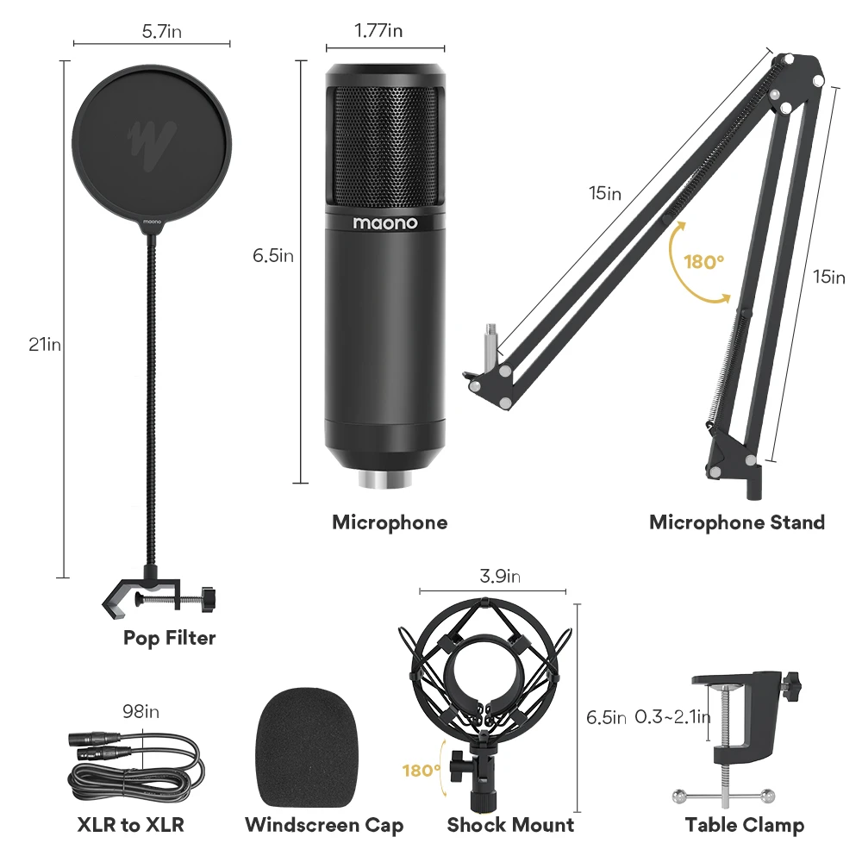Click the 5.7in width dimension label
click(162, 33)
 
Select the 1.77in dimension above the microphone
click(378, 31)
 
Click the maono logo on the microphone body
click(384, 223)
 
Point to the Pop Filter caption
click(169, 638)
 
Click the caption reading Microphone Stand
click(736, 522)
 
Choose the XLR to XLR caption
click(130, 825)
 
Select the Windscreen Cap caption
click(324, 825)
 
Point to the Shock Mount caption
click(510, 825)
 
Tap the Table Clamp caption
click(745, 825)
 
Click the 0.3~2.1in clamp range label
click(672, 716)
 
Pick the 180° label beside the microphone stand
click(703, 262)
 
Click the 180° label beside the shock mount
click(422, 770)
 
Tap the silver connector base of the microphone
click(384, 479)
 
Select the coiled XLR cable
click(138, 763)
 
